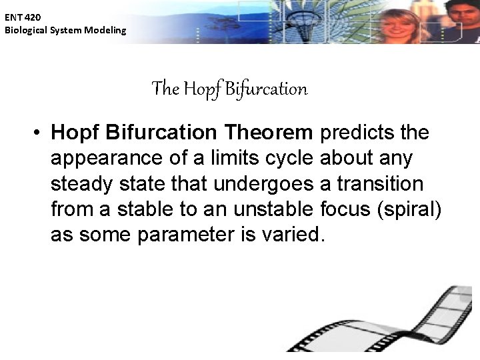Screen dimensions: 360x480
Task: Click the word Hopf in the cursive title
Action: click(199, 89)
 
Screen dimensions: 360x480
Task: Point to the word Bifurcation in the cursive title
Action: click(266, 89)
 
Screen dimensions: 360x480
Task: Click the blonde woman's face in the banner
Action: click(398, 20)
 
